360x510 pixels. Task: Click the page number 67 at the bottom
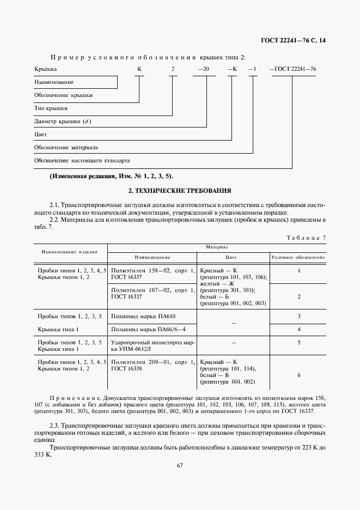coord(179,465)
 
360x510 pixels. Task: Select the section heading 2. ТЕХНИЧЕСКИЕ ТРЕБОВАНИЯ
coord(179,191)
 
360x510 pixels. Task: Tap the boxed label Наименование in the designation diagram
coord(54,82)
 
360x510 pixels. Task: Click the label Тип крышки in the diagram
coord(51,108)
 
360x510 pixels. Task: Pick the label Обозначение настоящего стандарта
coord(82,161)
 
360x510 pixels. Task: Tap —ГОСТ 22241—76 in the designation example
coord(293,69)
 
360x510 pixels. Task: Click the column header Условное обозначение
coord(298,257)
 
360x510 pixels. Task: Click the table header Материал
coord(217,247)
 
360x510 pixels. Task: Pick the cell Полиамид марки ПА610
coord(144,316)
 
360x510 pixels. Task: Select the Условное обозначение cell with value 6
coord(299,375)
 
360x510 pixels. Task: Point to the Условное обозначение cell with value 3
coord(299,316)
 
